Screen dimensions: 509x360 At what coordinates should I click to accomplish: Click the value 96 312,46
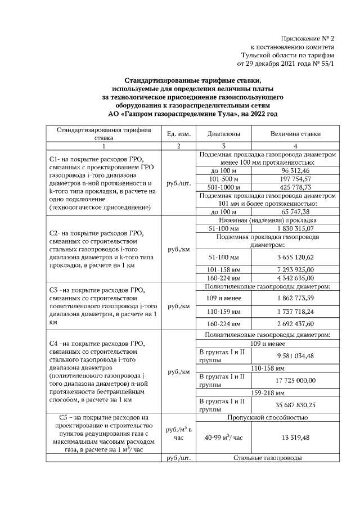tap(295, 170)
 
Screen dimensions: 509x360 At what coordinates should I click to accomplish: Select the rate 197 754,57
tap(295, 179)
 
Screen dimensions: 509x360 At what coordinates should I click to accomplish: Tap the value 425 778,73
tap(295, 187)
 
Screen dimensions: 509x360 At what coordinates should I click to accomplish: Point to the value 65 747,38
tap(295, 211)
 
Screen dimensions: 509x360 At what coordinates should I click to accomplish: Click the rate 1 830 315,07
tap(295, 229)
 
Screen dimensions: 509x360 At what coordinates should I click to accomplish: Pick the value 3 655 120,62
tap(295, 256)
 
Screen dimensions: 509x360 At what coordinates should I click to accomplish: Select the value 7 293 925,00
tap(295, 269)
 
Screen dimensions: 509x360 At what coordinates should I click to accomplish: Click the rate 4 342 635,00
tap(295, 278)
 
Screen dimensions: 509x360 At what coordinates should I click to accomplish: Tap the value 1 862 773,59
tap(295, 297)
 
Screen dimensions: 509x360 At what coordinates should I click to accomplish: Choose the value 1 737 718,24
tap(295, 310)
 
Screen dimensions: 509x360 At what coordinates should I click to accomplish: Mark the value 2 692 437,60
tap(295, 325)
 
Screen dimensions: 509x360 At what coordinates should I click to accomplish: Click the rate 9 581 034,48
tap(295, 355)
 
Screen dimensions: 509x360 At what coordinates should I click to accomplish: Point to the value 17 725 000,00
tap(295, 380)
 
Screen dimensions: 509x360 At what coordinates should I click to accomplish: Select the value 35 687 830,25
tap(295, 405)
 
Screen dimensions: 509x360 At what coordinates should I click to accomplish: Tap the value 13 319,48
tap(295, 437)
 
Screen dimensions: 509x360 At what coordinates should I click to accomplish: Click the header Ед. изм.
tap(178, 134)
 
